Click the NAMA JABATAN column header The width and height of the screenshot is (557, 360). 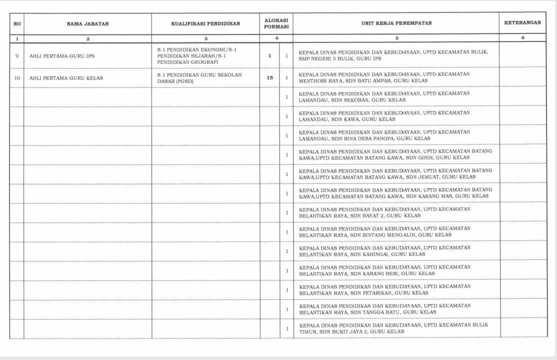click(87, 23)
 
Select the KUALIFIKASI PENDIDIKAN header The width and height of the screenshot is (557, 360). click(205, 23)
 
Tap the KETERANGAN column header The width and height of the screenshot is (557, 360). click(522, 23)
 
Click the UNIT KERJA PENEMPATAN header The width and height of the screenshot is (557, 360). click(396, 23)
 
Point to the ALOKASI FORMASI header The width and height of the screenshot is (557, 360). click(276, 23)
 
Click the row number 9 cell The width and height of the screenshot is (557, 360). click(17, 56)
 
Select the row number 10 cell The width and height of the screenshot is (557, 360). click(17, 78)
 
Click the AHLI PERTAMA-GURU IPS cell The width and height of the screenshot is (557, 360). click(62, 56)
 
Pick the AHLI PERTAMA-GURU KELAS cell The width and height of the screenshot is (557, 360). click(66, 78)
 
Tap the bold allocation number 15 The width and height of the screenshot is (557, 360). click(270, 78)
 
